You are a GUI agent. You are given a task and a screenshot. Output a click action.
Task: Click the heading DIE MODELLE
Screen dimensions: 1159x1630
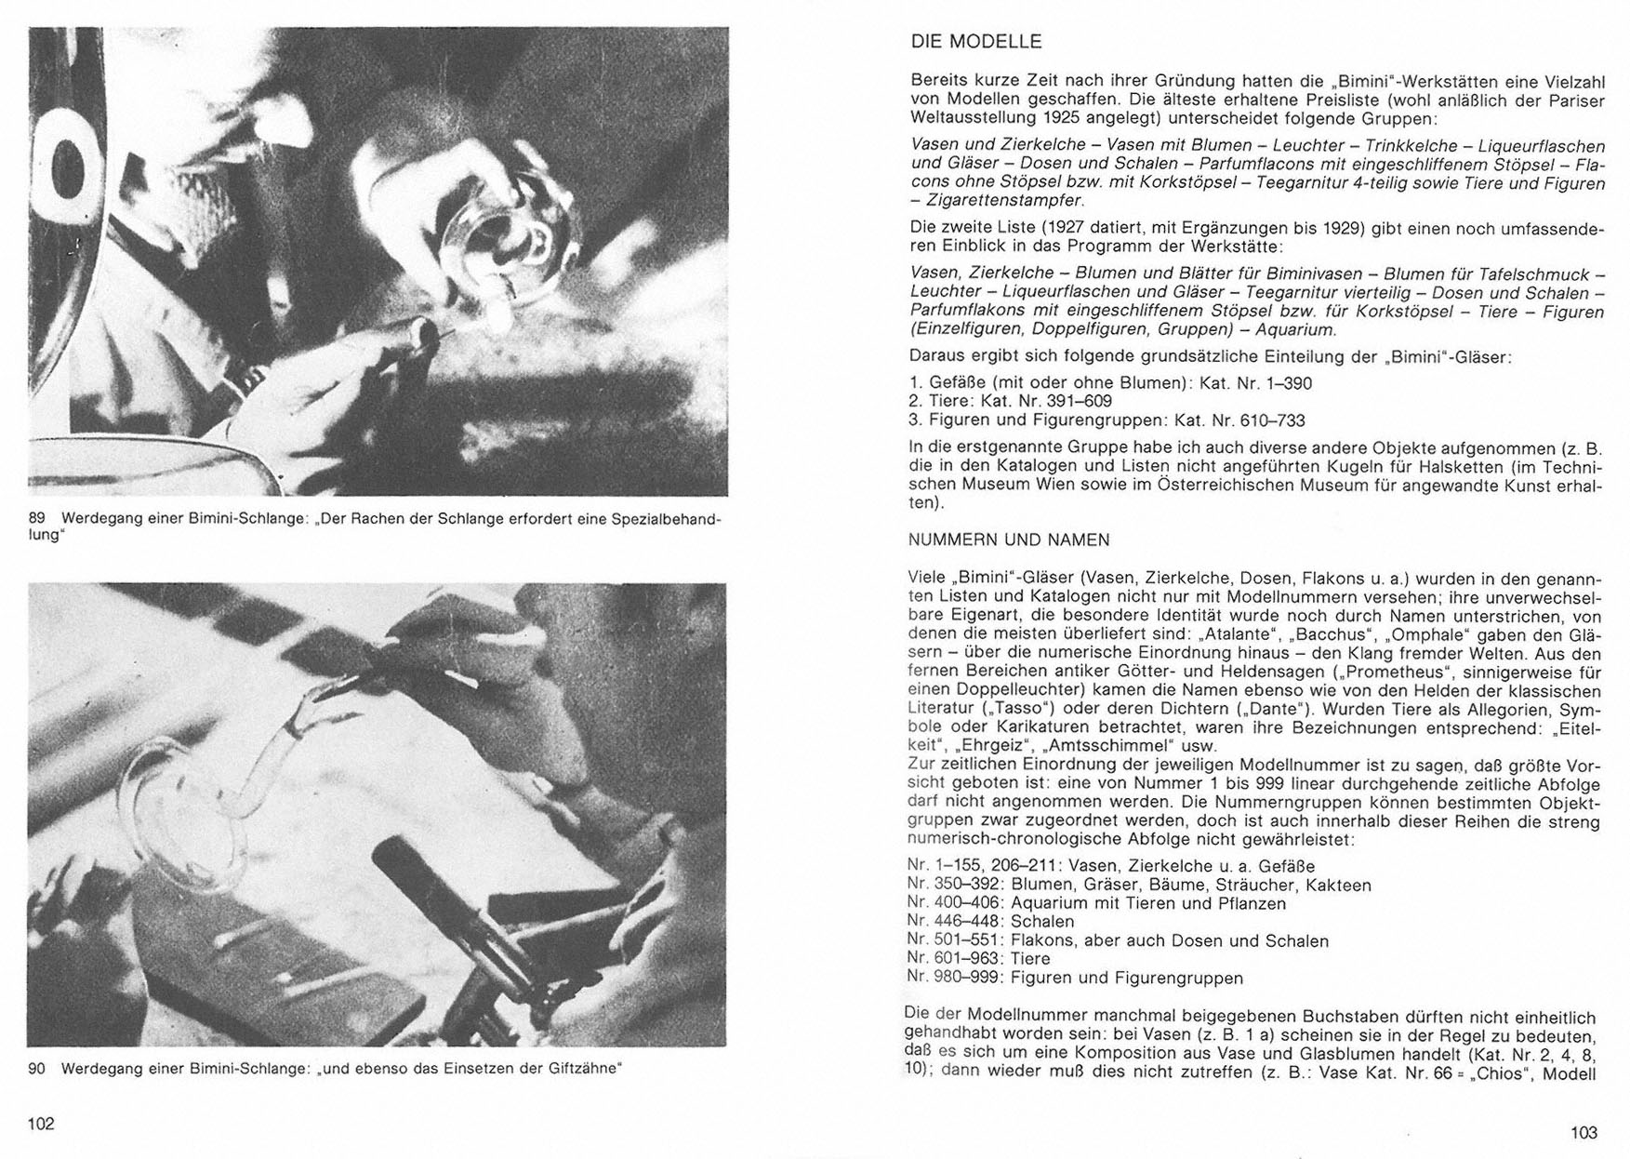975,42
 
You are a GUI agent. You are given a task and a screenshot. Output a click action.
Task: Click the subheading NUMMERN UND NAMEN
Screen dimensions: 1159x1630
1009,540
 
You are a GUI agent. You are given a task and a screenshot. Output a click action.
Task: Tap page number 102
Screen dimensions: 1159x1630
42,1124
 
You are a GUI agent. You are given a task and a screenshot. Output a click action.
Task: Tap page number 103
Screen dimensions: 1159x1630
1584,1132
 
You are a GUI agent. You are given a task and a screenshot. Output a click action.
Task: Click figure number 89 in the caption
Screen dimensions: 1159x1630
38,519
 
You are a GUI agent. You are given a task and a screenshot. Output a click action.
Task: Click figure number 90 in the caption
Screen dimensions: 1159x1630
38,1069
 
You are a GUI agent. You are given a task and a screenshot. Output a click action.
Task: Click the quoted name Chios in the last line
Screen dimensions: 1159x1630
1499,1073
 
